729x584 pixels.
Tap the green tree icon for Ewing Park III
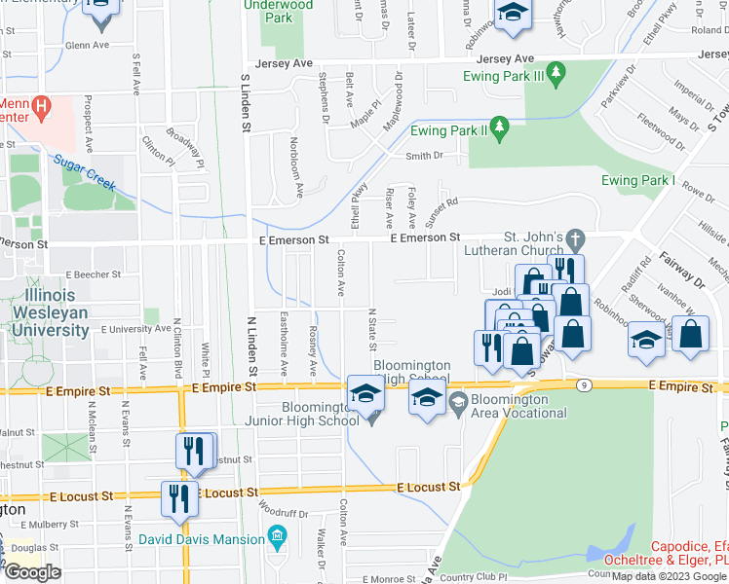[556, 72]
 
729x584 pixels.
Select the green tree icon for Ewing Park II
[500, 127]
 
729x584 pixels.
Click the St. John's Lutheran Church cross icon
[575, 237]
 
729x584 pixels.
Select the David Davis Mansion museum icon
[277, 538]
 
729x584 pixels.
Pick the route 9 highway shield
[583, 385]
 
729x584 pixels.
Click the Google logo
[32, 571]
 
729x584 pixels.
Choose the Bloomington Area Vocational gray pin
[459, 400]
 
